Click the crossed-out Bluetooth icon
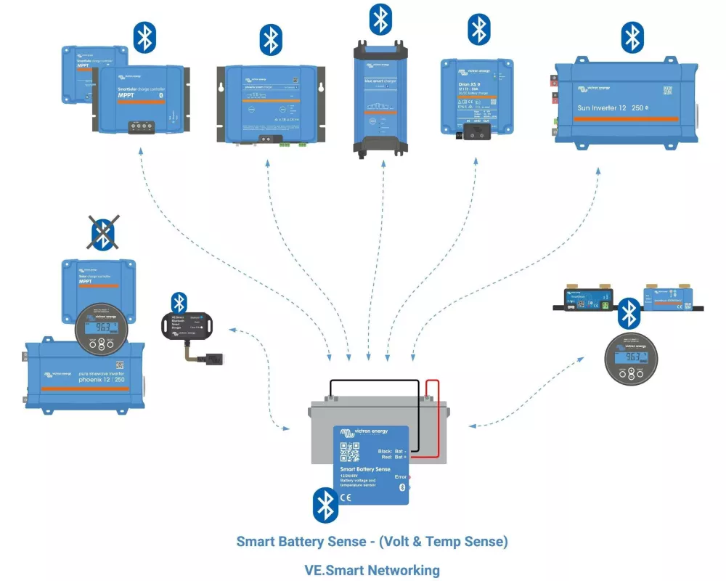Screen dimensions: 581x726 (102, 233)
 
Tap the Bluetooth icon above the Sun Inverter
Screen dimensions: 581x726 (632, 38)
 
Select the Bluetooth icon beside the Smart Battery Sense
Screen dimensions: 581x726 (325, 505)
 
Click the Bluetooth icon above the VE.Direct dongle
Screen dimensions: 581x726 (179, 302)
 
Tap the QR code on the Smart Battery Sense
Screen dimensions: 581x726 (350, 452)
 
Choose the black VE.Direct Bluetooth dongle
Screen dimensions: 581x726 (187, 325)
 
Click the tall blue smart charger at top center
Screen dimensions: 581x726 (381, 99)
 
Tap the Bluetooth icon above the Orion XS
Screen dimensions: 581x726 (478, 30)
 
